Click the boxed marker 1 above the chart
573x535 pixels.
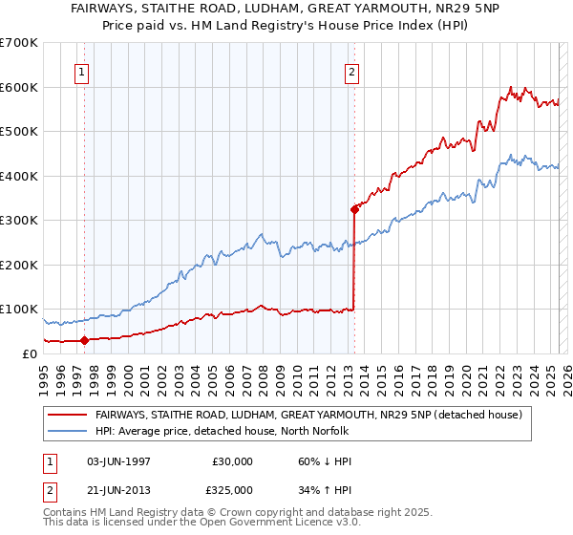[x=83, y=72]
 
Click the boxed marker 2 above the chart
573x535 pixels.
[x=352, y=72]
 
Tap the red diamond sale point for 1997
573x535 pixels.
[x=84, y=339]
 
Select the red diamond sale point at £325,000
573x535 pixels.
[x=354, y=208]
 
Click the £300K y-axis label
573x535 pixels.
[x=21, y=220]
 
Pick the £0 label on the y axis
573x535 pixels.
[x=30, y=353]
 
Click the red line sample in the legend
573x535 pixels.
[x=67, y=415]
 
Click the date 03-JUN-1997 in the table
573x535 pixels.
[x=118, y=461]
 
